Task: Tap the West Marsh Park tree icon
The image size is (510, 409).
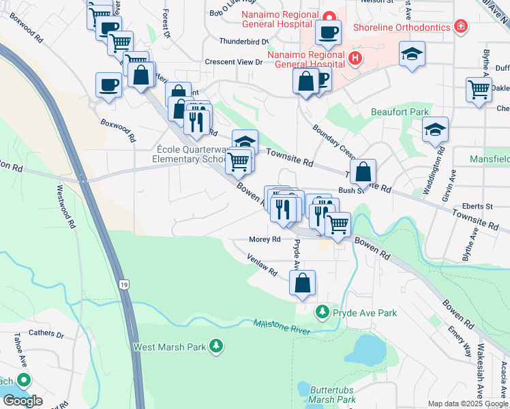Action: (x=216, y=346)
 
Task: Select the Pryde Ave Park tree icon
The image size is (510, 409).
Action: (x=322, y=312)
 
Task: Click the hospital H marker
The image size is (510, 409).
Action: (x=355, y=59)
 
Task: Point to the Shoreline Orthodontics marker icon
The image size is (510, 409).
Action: (x=462, y=27)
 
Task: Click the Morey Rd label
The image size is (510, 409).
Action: (x=265, y=239)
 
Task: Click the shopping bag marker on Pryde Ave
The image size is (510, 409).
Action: (x=303, y=282)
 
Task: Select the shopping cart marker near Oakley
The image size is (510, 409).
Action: (x=479, y=89)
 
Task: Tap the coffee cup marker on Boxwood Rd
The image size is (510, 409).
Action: (x=108, y=85)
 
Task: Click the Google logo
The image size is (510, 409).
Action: (x=22, y=401)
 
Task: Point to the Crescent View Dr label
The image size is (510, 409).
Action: (x=234, y=62)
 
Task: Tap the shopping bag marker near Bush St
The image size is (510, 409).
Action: (x=363, y=171)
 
